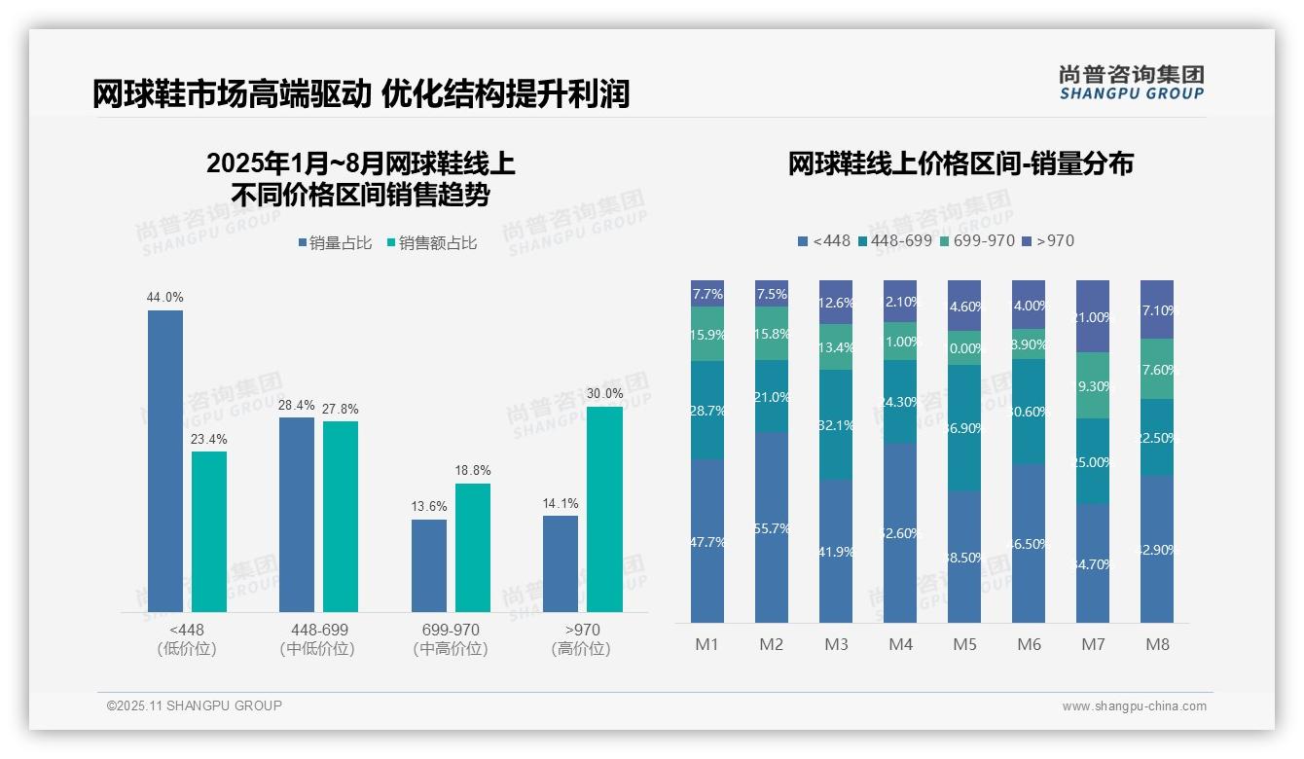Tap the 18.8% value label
click(x=473, y=471)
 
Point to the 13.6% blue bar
click(x=429, y=565)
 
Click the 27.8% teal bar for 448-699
click(x=341, y=517)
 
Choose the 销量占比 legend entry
click(x=335, y=243)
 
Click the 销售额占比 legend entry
click(x=432, y=243)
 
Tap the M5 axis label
click(x=964, y=644)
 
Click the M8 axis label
click(x=1157, y=644)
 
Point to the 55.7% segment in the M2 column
click(x=772, y=528)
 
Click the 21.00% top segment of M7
click(x=1093, y=316)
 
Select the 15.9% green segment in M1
click(x=707, y=334)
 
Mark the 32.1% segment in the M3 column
click(x=836, y=424)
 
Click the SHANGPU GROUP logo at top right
click(x=1132, y=83)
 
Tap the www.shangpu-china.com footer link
click(x=1134, y=706)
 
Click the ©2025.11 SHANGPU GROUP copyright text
click(x=195, y=705)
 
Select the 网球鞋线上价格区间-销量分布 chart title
click(x=960, y=163)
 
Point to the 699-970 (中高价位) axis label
click(x=451, y=639)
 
